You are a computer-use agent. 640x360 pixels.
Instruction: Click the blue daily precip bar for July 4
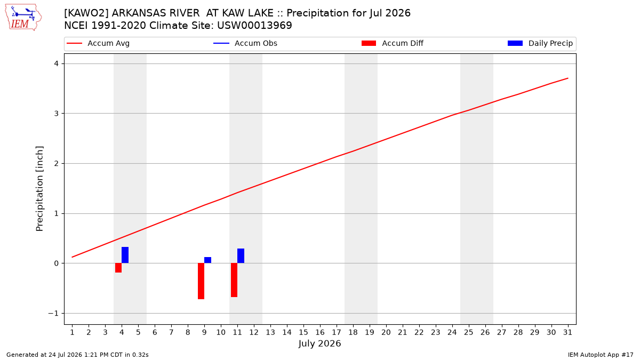(125, 255)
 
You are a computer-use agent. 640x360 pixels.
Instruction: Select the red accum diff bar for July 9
(201, 281)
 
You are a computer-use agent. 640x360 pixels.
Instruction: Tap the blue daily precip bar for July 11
(241, 255)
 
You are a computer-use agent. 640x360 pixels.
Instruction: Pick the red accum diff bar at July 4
(118, 268)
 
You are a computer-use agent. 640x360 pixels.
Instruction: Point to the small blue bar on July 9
(207, 260)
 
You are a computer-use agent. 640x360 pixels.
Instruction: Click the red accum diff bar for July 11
(234, 280)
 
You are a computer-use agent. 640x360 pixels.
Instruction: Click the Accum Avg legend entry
(98, 43)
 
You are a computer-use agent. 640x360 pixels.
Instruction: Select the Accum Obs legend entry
(245, 43)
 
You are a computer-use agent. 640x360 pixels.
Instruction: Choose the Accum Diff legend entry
(393, 43)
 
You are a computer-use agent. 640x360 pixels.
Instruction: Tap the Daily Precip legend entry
(540, 43)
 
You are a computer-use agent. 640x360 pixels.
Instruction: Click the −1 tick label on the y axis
(53, 314)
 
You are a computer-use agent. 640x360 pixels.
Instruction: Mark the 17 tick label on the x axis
(337, 332)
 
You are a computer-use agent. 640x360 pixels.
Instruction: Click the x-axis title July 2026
(319, 343)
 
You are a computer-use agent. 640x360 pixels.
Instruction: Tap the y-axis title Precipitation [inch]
(39, 189)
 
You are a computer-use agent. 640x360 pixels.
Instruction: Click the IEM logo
(23, 18)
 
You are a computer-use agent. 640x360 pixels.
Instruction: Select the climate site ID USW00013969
(254, 26)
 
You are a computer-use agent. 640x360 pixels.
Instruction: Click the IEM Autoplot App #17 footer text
(601, 355)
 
